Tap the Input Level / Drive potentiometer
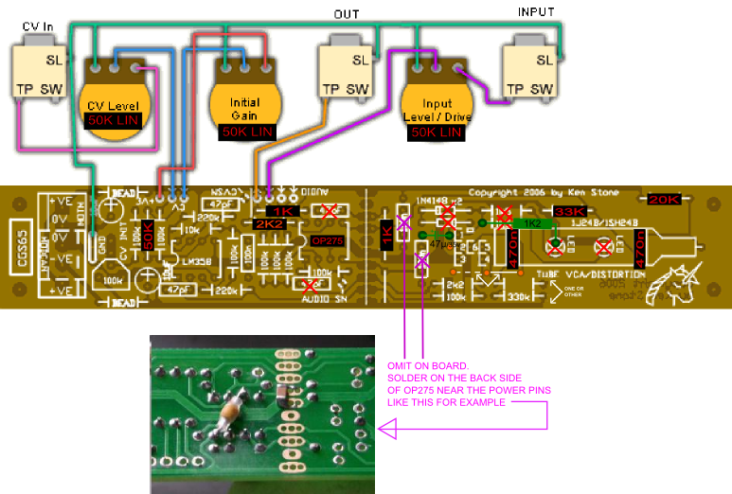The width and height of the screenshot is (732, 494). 437,105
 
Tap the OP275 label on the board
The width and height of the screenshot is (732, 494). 330,241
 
